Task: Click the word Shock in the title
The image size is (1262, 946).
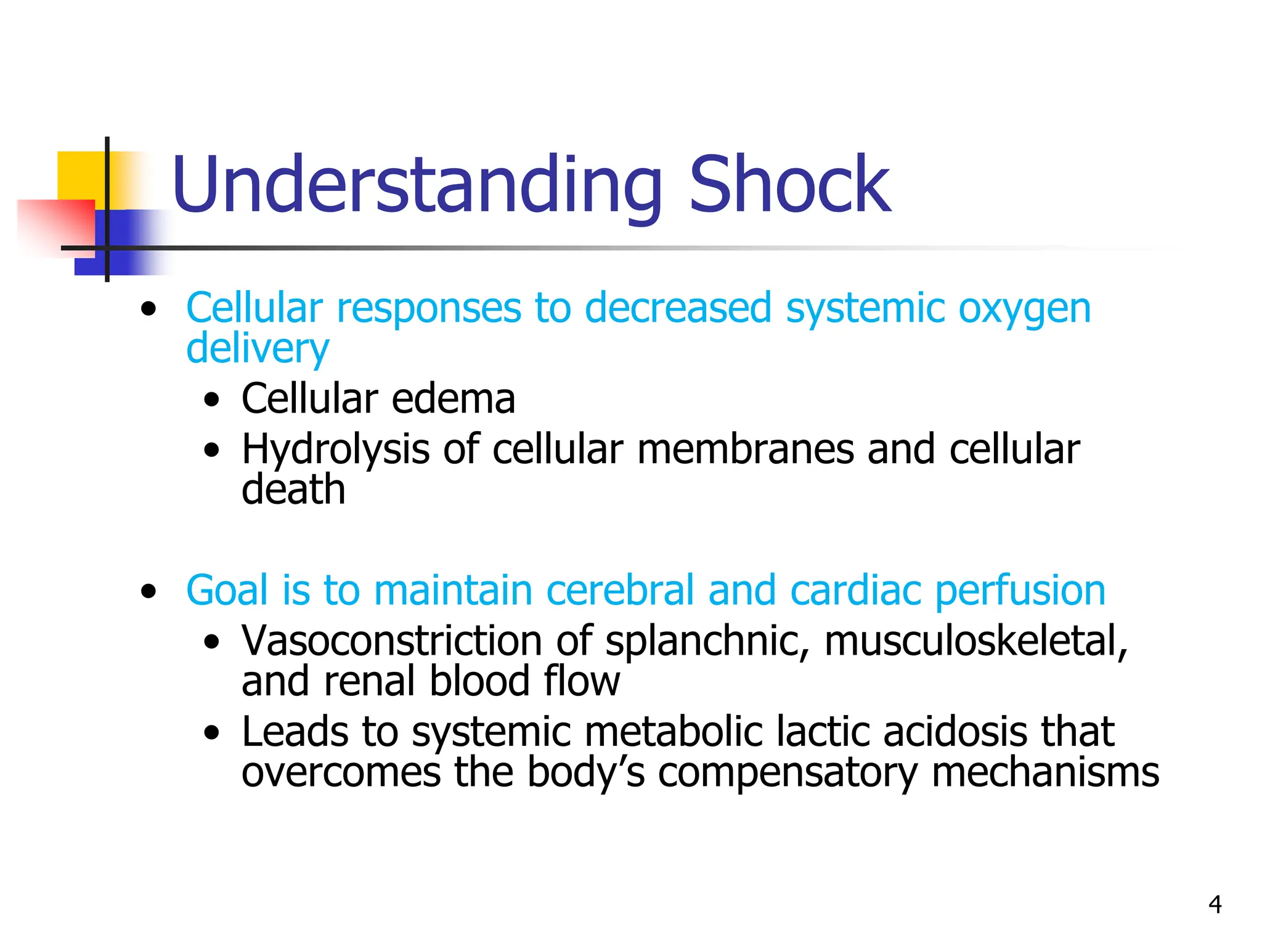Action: pyautogui.click(x=790, y=185)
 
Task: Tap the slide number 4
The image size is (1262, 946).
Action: pyautogui.click(x=1215, y=905)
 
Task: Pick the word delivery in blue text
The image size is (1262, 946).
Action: pyautogui.click(x=258, y=349)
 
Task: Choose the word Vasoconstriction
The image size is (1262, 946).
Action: pyautogui.click(x=392, y=641)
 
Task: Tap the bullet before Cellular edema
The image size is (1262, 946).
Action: pyautogui.click(x=212, y=401)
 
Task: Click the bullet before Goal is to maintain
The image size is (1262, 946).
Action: pyautogui.click(x=148, y=592)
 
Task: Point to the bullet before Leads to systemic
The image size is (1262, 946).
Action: pyautogui.click(x=212, y=733)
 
